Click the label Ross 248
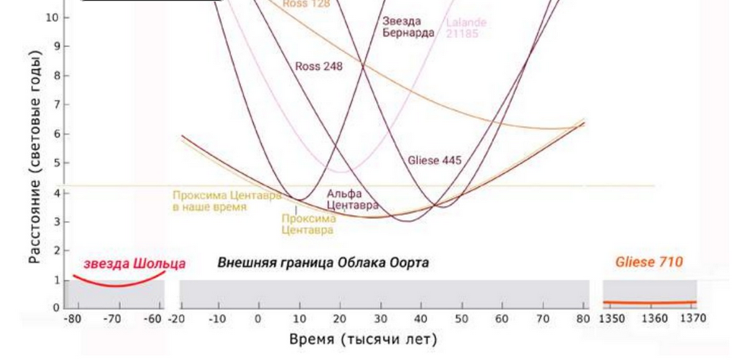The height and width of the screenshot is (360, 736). (318, 67)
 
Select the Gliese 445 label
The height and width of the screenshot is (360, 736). (434, 161)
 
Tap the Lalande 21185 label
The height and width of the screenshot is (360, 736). (466, 28)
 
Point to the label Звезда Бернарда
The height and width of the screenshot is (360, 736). (408, 27)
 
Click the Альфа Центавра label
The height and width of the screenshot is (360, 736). (352, 200)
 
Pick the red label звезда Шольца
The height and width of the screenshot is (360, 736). (134, 264)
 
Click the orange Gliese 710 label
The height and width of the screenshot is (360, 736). (649, 262)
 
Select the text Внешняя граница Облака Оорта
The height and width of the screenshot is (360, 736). (323, 263)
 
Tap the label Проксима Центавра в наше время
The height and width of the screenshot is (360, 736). (226, 201)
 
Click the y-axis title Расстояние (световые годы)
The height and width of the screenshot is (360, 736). (34, 157)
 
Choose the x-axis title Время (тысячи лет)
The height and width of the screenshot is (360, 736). (363, 339)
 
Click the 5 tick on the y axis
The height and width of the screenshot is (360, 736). (55, 163)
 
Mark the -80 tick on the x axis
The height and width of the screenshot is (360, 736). (74, 319)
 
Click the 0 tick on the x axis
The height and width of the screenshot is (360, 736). (258, 319)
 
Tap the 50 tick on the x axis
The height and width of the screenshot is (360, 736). (460, 319)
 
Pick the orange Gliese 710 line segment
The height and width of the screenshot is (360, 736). (649, 302)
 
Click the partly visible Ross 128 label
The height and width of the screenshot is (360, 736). (305, 4)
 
